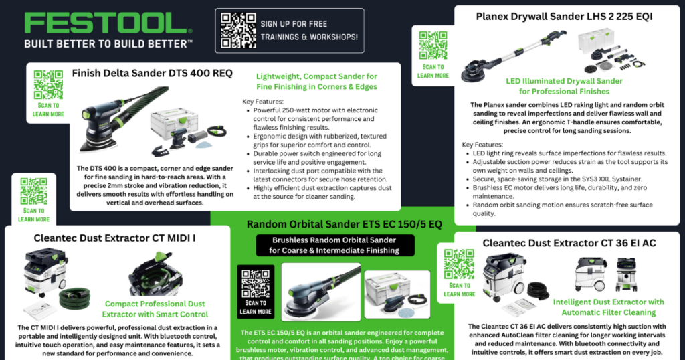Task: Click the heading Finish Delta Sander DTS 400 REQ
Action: click(x=152, y=74)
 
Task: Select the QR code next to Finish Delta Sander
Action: click(x=48, y=85)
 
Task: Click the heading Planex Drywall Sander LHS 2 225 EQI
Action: click(x=564, y=15)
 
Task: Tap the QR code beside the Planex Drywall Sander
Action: click(x=433, y=45)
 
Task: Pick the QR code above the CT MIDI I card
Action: click(x=33, y=191)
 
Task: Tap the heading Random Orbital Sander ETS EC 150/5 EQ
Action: click(x=344, y=223)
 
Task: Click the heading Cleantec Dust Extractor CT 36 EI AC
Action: click(x=569, y=243)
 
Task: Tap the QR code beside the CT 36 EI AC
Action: click(x=459, y=264)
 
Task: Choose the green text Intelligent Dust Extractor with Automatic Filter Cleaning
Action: click(x=608, y=307)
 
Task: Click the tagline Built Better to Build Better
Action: click(x=108, y=43)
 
